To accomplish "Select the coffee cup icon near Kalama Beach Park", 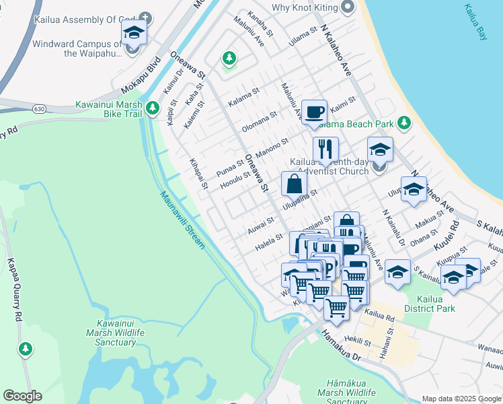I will pyautogui.click(x=313, y=112).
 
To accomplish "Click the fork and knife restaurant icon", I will pyautogui.click(x=325, y=149).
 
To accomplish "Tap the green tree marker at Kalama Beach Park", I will pyautogui.click(x=403, y=123).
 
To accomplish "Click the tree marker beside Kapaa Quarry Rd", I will pyautogui.click(x=25, y=349).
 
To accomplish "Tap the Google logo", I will pyautogui.click(x=22, y=396).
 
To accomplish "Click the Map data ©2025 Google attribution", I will pyautogui.click(x=461, y=399).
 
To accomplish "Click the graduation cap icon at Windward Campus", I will pyautogui.click(x=134, y=32).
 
